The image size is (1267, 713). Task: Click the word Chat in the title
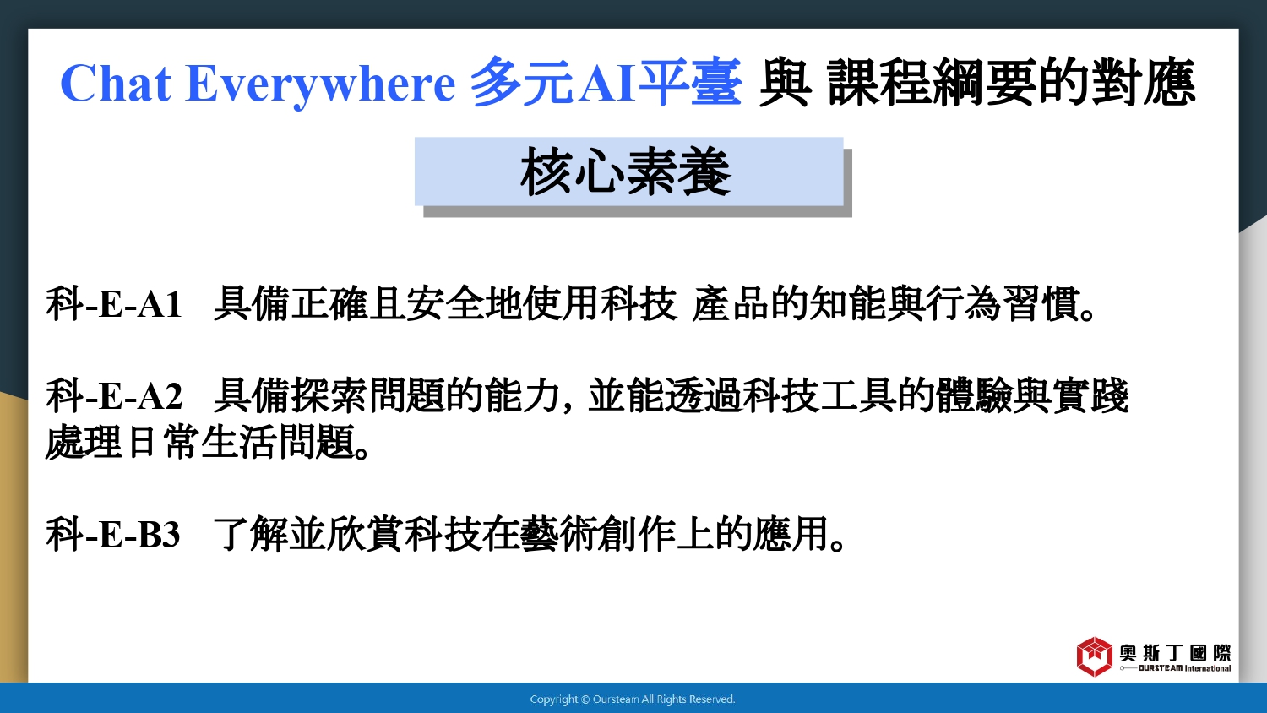coord(116,83)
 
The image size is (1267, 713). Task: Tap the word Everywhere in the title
coord(320,84)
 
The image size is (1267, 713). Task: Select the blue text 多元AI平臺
coord(606,83)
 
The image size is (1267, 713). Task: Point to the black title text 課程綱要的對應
coord(1011,83)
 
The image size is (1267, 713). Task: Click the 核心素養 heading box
coord(629,171)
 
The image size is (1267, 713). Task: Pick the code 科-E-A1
coord(114,304)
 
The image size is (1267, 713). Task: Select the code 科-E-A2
coord(114,395)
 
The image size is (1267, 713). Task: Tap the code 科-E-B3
coord(113,534)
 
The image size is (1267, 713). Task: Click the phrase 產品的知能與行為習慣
coord(895,304)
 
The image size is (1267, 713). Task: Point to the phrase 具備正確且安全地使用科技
coord(445,304)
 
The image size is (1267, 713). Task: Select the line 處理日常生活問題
coord(209,442)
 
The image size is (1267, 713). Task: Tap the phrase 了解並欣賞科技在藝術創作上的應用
coord(530,534)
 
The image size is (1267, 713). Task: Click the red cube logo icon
coord(1095,656)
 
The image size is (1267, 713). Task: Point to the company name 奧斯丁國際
coord(1176,653)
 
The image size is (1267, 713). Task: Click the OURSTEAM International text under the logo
coord(1184,668)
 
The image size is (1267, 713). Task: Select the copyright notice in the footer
coord(633,699)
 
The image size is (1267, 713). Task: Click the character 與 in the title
coord(785,83)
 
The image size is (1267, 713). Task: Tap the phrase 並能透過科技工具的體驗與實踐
coord(858,395)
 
